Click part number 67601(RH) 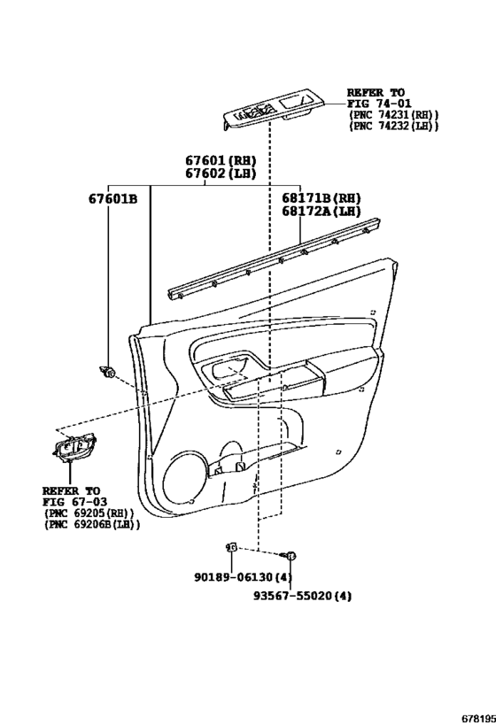221,160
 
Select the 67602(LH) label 221,174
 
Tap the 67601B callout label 112,199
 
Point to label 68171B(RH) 322,198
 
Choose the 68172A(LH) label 322,212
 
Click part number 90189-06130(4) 243,577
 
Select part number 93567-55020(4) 302,596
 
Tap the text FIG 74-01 379,104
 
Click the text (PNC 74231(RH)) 394,115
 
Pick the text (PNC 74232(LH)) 394,126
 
